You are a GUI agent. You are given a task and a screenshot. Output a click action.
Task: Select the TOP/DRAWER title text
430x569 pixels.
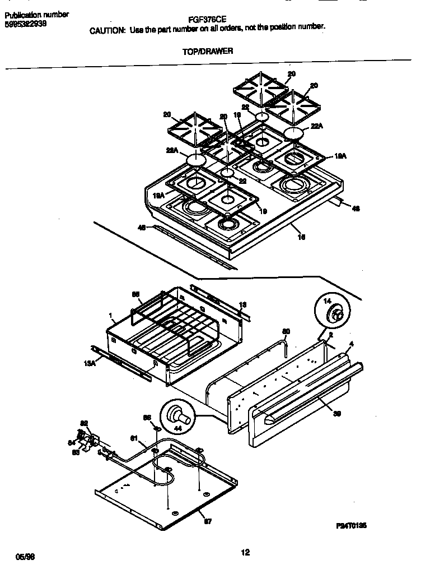(x=208, y=51)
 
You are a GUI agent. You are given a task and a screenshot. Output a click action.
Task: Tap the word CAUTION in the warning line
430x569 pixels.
(x=107, y=31)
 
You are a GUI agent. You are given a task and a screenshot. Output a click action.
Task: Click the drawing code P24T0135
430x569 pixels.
(x=351, y=526)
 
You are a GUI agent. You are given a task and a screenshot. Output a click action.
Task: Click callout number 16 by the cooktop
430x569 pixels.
(x=301, y=237)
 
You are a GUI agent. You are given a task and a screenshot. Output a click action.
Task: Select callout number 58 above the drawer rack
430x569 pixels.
(x=135, y=294)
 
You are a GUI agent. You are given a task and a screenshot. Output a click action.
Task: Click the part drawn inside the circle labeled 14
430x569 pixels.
(x=337, y=315)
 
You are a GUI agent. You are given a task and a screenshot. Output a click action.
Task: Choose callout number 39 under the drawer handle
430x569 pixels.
(x=337, y=414)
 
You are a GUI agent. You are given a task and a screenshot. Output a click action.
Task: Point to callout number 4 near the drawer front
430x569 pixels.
(x=351, y=343)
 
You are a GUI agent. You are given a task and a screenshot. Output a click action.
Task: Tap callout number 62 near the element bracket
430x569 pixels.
(x=85, y=423)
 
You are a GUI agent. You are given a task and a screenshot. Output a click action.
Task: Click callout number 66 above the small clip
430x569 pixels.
(x=147, y=418)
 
